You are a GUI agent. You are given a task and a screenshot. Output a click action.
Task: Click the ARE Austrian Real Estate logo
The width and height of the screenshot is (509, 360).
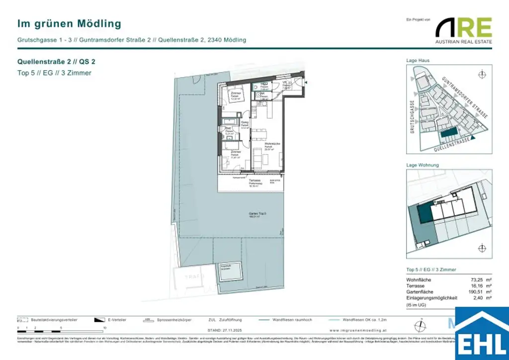pos(464,30)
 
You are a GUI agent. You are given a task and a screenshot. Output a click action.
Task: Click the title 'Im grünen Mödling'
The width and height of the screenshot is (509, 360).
pos(69,23)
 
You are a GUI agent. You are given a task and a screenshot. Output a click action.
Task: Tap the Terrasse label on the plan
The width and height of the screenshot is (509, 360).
pos(256,181)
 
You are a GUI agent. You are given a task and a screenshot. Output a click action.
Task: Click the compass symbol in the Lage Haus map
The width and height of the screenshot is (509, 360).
pos(481,75)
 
